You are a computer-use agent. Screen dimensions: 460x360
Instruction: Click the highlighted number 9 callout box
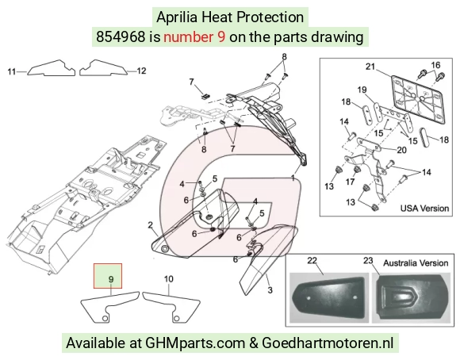108,276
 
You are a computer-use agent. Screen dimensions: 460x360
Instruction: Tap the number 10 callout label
168,279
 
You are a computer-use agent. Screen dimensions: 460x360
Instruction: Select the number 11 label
11,71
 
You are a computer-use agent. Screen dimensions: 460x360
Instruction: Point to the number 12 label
141,71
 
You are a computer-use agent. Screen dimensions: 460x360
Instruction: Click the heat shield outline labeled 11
52,68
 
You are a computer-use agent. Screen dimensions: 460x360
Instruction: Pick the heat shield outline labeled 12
103,68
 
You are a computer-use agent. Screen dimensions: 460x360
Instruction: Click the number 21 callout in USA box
370,67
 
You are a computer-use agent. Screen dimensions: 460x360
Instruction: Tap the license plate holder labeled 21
418,100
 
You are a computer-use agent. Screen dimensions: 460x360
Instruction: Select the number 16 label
435,65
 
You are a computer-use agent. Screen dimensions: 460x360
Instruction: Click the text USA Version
424,209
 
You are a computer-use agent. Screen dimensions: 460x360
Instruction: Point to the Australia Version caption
416,263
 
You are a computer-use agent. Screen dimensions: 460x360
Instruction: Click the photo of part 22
329,297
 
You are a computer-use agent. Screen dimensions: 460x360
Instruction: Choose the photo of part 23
411,298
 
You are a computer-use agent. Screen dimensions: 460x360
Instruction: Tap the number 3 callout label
270,290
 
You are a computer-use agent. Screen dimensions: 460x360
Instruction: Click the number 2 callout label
150,225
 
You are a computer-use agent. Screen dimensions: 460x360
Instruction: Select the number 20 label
401,150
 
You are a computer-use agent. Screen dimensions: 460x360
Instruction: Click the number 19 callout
362,90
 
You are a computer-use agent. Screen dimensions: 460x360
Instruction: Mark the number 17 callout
350,182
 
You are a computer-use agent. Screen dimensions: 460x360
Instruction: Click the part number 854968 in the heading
121,37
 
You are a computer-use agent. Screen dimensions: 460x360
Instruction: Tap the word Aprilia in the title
177,17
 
